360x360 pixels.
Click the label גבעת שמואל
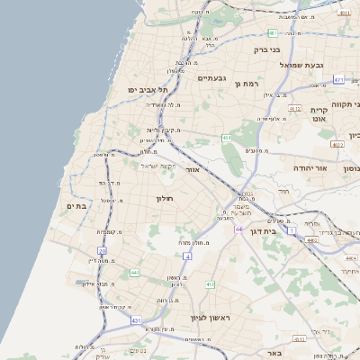[296, 65]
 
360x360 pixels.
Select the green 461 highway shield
[227, 138]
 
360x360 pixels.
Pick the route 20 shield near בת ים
[103, 251]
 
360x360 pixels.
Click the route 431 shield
[136, 319]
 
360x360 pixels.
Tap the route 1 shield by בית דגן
[292, 231]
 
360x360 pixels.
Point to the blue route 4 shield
[188, 256]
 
